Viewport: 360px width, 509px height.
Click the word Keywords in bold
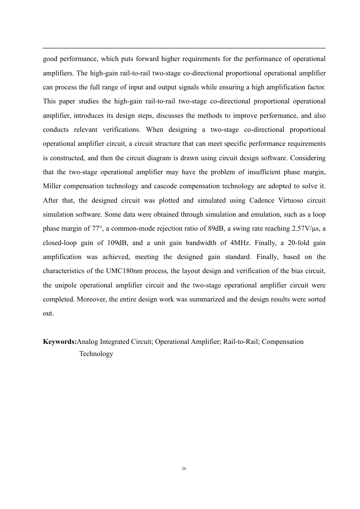59,342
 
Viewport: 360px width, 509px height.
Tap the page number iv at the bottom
184,468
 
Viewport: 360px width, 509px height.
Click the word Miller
52,186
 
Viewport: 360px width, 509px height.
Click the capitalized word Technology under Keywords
96,354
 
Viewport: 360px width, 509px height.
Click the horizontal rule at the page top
184,48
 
